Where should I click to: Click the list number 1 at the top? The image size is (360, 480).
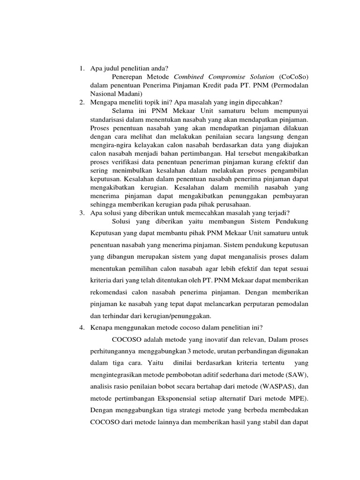click(81, 69)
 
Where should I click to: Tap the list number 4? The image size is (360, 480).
click(81, 327)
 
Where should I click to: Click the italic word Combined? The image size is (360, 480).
click(189, 77)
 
